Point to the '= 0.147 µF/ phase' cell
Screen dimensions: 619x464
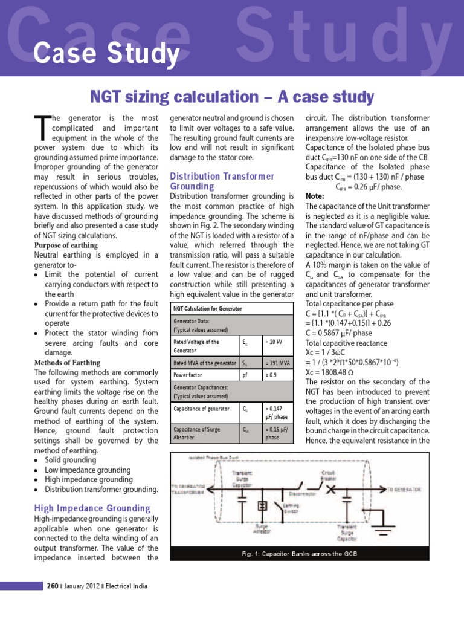point(277,412)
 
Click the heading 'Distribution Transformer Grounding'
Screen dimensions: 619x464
point(222,181)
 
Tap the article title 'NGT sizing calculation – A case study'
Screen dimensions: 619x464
point(232,97)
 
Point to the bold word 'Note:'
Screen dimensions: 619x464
point(315,196)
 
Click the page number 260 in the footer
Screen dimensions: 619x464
point(53,586)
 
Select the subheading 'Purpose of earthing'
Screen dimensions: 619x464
point(66,245)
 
